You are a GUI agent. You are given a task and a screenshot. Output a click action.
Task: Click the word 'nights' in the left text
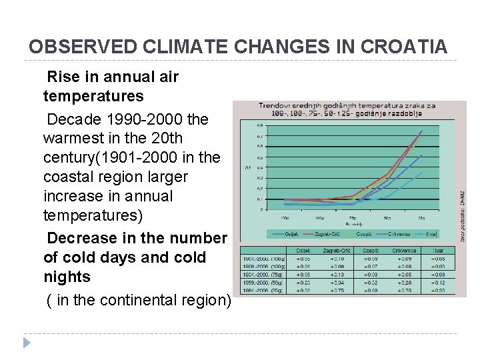point(63,276)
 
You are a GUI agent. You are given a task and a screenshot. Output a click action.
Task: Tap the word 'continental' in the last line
point(157,300)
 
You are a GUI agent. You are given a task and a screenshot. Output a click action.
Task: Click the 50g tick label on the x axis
point(387,217)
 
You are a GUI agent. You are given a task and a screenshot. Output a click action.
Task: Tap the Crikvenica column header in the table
point(404,250)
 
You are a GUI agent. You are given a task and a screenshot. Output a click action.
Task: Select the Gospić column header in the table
point(369,250)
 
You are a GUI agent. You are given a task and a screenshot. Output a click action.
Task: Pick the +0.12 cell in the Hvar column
point(439,282)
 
